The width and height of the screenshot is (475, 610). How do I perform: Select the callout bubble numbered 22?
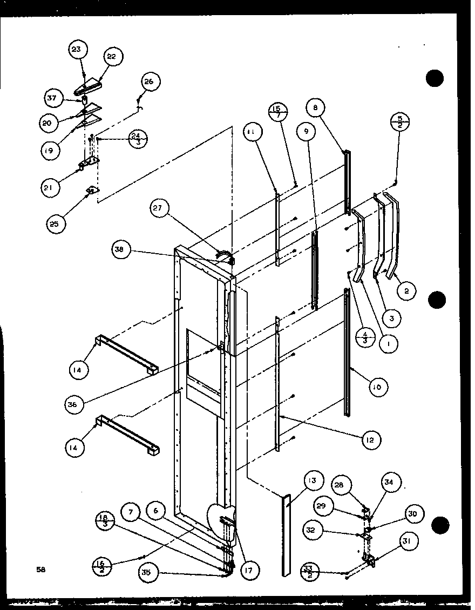pos(113,56)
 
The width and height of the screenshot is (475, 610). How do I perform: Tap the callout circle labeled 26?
pos(148,82)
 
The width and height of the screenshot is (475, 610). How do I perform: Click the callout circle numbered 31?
pos(411,542)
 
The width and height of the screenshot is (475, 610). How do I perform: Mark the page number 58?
pos(40,569)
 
